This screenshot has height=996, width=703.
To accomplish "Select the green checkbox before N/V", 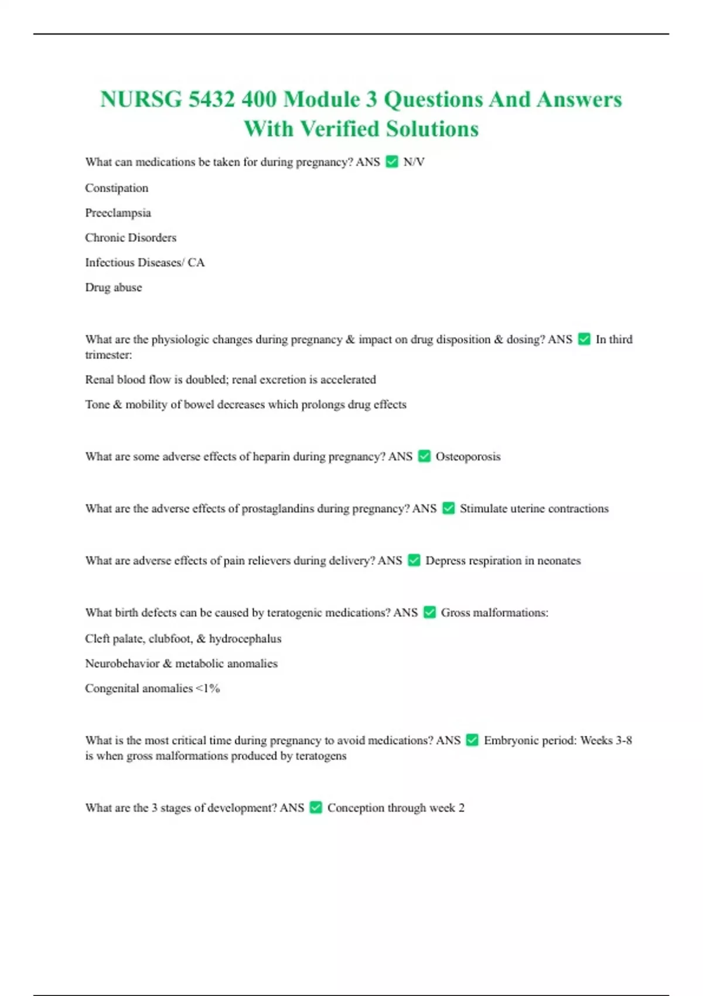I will (x=392, y=162).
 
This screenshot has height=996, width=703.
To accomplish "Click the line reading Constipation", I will (x=117, y=188).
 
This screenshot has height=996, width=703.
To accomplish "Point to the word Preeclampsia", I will (x=118, y=213).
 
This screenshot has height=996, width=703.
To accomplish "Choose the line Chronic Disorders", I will (x=131, y=237).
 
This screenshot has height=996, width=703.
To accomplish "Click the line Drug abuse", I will (x=114, y=287).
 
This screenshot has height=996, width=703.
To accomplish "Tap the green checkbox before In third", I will (x=584, y=339).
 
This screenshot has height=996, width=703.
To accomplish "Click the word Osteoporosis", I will (x=468, y=456).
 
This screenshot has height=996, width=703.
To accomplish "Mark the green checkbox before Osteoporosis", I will (x=424, y=456).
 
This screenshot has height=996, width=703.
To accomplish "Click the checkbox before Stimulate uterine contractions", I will (x=448, y=509).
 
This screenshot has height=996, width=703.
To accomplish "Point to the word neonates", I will (x=559, y=561).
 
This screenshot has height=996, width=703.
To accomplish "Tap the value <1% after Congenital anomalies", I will (x=207, y=688).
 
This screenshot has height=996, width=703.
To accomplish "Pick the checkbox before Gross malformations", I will (x=429, y=613).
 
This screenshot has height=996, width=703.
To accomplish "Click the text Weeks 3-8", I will (x=606, y=741).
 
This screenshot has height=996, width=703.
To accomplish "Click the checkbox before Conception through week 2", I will (x=316, y=808).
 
